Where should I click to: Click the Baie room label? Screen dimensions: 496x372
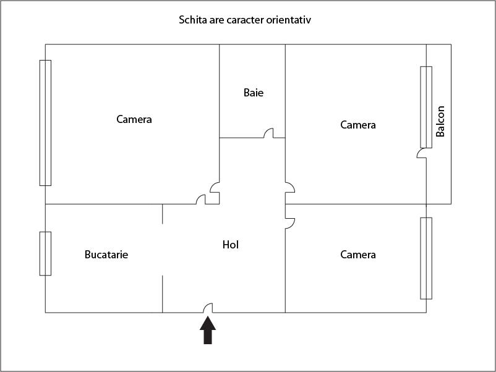254,93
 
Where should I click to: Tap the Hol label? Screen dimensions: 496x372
231,245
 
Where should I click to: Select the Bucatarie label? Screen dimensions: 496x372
106,255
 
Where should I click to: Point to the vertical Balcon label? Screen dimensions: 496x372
440,121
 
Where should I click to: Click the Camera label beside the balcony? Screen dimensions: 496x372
358,125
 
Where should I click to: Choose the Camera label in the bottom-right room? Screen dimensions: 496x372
358,255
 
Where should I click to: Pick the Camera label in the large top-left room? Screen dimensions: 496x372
134,119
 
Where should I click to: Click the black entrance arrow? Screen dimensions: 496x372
208,330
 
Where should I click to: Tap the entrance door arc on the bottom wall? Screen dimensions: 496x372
208,308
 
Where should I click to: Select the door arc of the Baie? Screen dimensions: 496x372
268,133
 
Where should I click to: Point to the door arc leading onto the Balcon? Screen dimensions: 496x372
421,153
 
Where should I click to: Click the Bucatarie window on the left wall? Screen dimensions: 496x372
45,253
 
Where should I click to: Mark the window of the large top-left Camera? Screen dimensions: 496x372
45,122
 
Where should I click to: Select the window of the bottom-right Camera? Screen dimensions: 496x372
426,258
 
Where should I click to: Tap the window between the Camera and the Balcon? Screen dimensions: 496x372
426,107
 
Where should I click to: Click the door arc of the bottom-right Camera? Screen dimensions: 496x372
290,223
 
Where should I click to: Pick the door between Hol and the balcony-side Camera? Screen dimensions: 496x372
290,187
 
